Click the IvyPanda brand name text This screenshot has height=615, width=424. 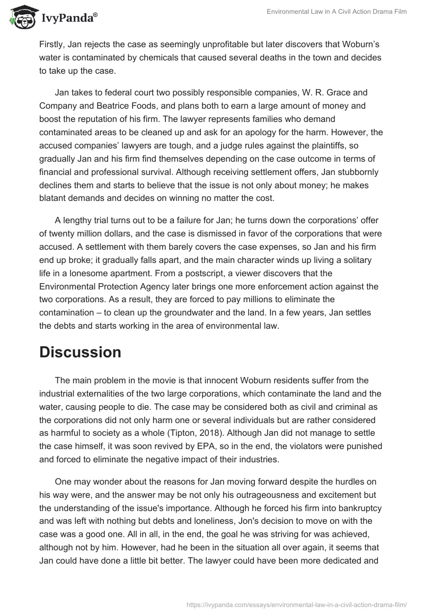tap(68, 19)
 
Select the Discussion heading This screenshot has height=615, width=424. tap(80, 352)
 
